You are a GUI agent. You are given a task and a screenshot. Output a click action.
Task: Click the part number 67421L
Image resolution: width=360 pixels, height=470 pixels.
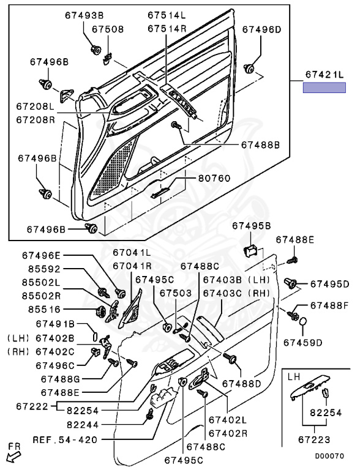pyautogui.click(x=324, y=75)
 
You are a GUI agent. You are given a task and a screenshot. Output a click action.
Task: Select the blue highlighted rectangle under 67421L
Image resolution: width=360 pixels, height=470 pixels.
pyautogui.click(x=324, y=88)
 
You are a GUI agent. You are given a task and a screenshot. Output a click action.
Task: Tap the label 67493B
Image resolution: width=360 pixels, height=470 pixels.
pyautogui.click(x=84, y=15)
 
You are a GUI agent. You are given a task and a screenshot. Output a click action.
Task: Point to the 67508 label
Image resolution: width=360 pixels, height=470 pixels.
pyautogui.click(x=108, y=29)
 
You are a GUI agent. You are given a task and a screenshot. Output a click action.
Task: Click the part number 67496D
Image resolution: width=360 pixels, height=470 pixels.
pyautogui.click(x=262, y=29)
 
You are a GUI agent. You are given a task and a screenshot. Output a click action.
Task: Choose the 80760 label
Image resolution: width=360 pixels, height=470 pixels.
pyautogui.click(x=214, y=178)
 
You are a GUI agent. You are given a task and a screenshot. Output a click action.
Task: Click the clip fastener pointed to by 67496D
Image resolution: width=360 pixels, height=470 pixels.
pyautogui.click(x=249, y=69)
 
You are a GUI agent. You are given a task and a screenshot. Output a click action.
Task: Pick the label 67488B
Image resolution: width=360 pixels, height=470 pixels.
pyautogui.click(x=260, y=145)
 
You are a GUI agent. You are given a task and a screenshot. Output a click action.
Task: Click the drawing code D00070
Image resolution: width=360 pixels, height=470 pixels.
pyautogui.click(x=329, y=456)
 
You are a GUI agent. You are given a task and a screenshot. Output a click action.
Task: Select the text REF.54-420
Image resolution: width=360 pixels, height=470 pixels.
pyautogui.click(x=65, y=440)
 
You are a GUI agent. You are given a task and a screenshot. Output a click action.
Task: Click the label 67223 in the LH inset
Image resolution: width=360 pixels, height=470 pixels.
pyautogui.click(x=314, y=440)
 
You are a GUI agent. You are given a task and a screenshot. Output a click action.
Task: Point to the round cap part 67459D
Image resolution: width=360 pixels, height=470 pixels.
pyautogui.click(x=303, y=321)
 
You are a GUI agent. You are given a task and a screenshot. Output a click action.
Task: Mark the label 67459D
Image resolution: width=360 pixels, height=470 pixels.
pyautogui.click(x=303, y=342)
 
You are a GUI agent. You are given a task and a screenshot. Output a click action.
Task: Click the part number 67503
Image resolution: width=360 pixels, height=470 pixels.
pyautogui.click(x=176, y=293)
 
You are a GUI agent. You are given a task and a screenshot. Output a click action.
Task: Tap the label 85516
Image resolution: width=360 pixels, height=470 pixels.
pyautogui.click(x=45, y=309)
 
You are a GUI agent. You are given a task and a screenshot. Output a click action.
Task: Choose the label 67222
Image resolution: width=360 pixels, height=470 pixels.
pyautogui.click(x=32, y=406)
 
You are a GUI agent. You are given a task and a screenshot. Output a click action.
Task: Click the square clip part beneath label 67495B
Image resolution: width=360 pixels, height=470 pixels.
pyautogui.click(x=252, y=250)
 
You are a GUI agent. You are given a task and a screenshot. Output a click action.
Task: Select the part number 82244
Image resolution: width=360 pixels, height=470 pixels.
pyautogui.click(x=83, y=425)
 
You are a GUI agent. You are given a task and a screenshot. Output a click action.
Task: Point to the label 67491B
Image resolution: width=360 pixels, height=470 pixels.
pyautogui.click(x=55, y=324)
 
